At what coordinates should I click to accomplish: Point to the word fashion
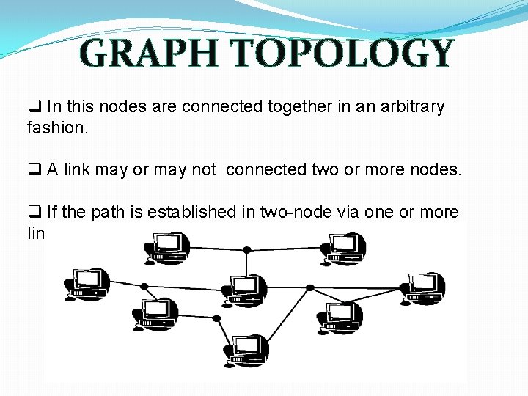(x=57, y=128)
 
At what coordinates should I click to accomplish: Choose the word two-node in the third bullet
(x=319, y=213)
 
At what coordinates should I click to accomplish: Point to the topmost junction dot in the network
(x=247, y=250)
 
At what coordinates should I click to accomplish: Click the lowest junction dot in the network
(x=216, y=318)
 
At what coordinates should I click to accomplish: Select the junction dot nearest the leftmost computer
(x=144, y=286)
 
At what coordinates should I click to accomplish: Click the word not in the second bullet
(x=203, y=170)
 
